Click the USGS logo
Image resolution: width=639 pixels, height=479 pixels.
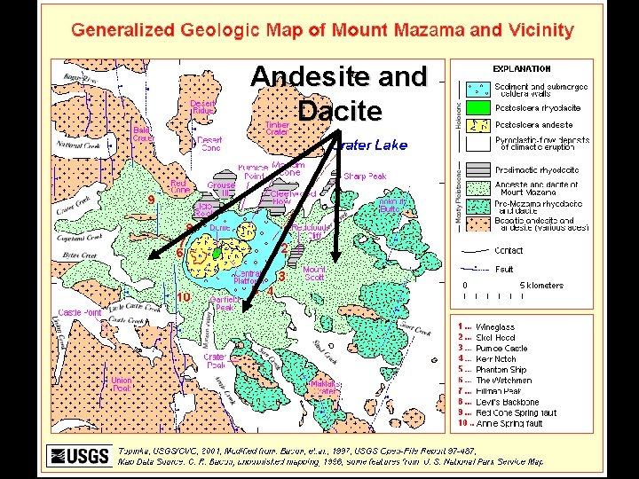pos(79,456)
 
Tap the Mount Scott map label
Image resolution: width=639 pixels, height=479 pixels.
pos(314,273)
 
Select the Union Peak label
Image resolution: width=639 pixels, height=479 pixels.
pos(122,384)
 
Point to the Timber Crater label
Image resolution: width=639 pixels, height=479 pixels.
pos(277,128)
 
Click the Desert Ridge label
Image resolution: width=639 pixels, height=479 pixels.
pos(202,106)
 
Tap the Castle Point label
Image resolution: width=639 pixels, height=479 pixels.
pos(80,313)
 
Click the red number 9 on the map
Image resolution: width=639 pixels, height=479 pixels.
pos(151,200)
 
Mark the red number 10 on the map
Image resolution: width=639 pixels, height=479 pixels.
pos(183,296)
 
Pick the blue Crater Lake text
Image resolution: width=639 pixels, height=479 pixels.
pos(370,145)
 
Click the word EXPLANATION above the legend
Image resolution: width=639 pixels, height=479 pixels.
pos(522,69)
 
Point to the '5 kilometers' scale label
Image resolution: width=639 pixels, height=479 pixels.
pos(540,285)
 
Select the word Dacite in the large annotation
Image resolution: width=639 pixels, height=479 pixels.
pos(340,111)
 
